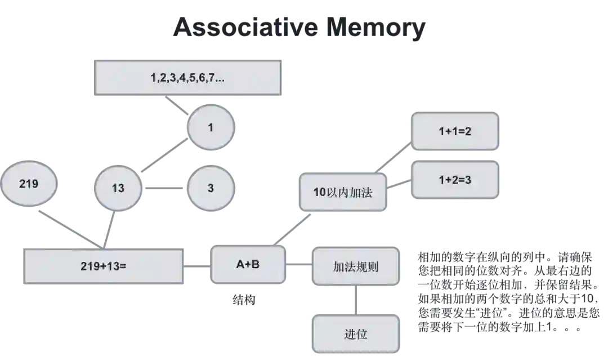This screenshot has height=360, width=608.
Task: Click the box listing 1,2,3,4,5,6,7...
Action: [x=187, y=77]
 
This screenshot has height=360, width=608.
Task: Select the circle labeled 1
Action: [x=211, y=128]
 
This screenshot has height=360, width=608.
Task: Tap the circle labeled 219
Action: [x=29, y=184]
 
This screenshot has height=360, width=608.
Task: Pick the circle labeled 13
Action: [x=118, y=188]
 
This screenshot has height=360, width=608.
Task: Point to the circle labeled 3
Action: [x=211, y=188]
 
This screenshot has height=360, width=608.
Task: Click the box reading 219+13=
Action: [x=104, y=266]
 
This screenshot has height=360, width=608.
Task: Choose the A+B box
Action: [x=248, y=264]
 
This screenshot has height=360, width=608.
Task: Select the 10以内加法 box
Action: [x=343, y=192]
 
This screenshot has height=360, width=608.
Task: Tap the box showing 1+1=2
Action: [x=455, y=131]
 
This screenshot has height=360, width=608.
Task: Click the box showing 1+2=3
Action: [x=455, y=180]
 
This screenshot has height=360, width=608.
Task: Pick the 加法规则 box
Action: [x=355, y=266]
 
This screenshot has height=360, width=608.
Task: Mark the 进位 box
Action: [x=355, y=334]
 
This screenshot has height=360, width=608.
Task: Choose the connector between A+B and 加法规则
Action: [x=299, y=264]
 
